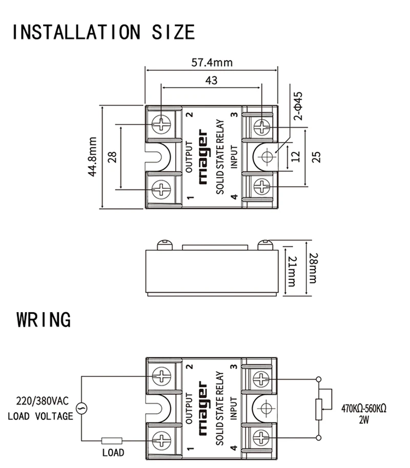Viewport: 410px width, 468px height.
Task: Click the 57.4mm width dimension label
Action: (212, 63)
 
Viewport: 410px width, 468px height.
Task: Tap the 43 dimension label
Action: (211, 80)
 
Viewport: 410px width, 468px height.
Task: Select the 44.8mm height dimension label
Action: (92, 157)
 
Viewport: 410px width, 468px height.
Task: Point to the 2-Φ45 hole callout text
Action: (298, 106)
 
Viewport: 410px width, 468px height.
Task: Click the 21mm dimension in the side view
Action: (291, 271)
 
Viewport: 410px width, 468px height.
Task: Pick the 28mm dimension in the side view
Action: (313, 268)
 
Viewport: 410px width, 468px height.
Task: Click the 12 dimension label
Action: (295, 157)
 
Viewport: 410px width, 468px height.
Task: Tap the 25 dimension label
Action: (316, 157)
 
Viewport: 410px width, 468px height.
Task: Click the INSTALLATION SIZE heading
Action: (104, 32)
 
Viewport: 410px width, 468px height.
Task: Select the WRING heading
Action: (44, 319)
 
